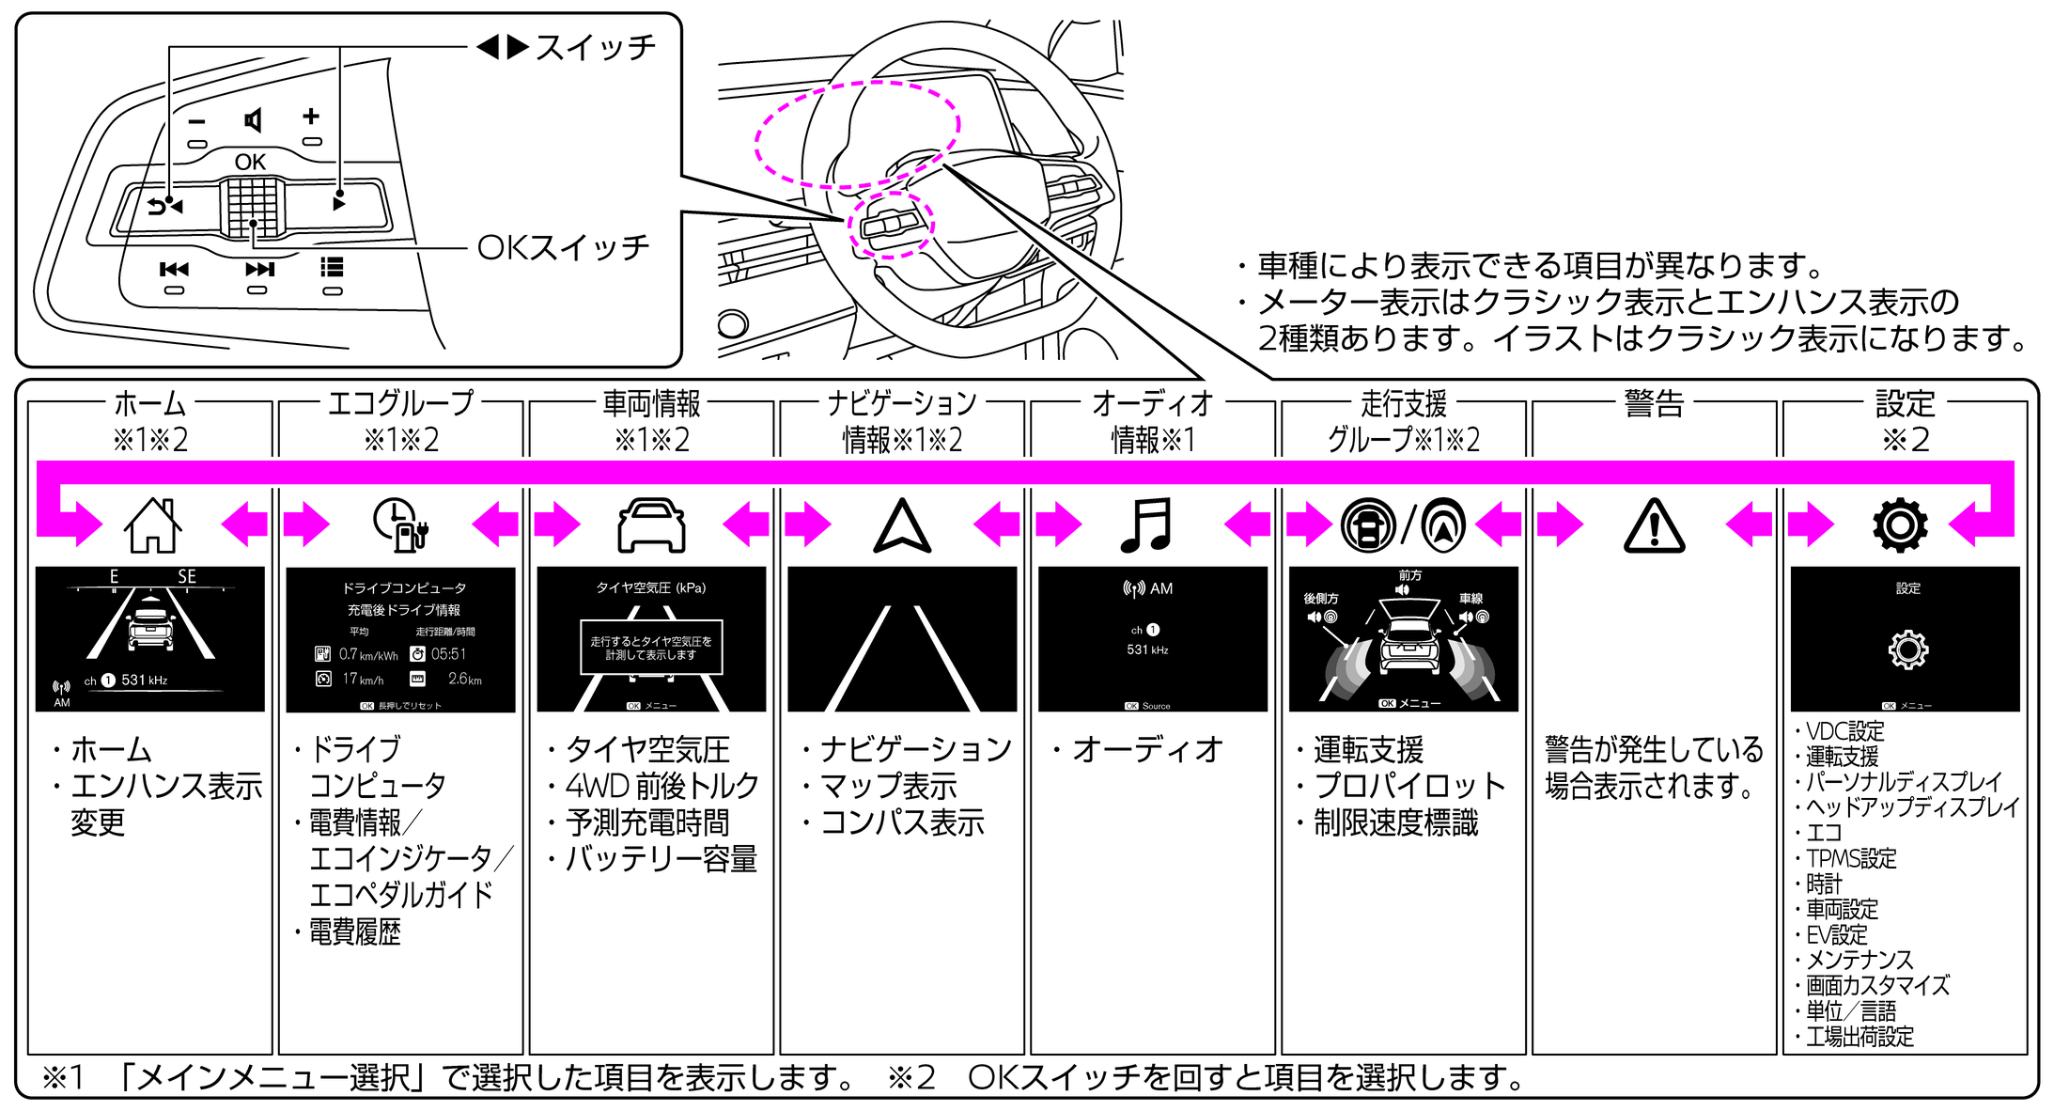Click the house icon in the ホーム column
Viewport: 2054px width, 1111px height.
pyautogui.click(x=152, y=524)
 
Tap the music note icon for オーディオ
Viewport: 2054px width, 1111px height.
pyautogui.click(x=1146, y=524)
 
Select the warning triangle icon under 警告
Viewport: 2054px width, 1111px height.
pyautogui.click(x=1654, y=525)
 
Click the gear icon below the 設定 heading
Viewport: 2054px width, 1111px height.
pyautogui.click(x=1900, y=524)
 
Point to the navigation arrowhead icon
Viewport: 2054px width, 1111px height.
pyautogui.click(x=902, y=525)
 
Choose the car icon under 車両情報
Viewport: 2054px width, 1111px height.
pyautogui.click(x=651, y=524)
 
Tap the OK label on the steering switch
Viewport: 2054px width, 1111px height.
pyautogui.click(x=250, y=162)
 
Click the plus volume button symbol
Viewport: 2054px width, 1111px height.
pyautogui.click(x=311, y=117)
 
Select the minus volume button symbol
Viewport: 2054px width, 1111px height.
pyautogui.click(x=196, y=121)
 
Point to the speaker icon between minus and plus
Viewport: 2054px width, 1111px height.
pyautogui.click(x=253, y=120)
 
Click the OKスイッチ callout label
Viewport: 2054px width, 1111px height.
pyautogui.click(x=563, y=247)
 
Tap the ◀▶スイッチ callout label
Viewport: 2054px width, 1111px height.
pyautogui.click(x=566, y=47)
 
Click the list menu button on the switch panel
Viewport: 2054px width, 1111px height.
pyautogui.click(x=332, y=268)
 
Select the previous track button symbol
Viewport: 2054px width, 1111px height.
pyautogui.click(x=174, y=270)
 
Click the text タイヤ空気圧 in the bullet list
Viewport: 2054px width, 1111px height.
pyautogui.click(x=647, y=749)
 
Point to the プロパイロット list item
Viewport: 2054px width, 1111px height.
pyautogui.click(x=1408, y=786)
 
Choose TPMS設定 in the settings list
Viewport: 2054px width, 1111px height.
pyautogui.click(x=1850, y=858)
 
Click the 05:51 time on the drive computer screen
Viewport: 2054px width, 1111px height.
pyautogui.click(x=448, y=654)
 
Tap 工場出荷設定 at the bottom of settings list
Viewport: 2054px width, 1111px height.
pyautogui.click(x=1859, y=1037)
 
